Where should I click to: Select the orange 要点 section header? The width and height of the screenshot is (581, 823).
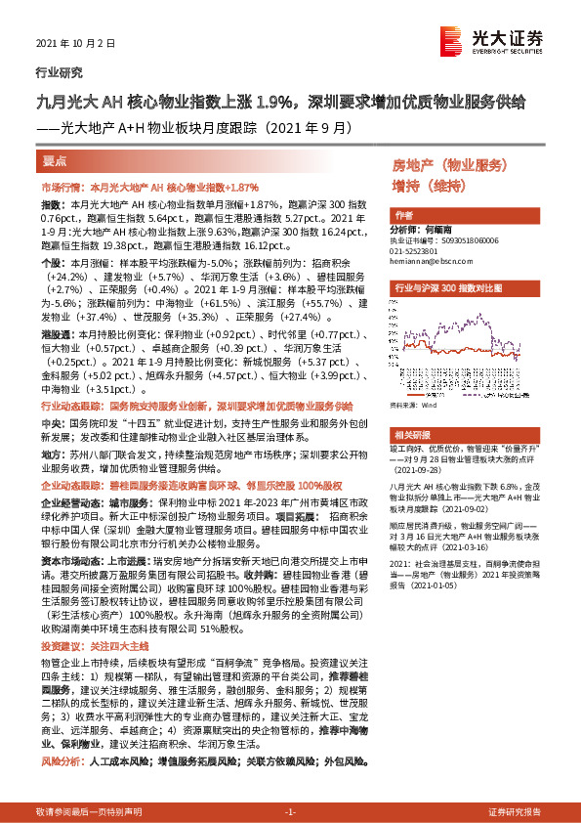[54, 161]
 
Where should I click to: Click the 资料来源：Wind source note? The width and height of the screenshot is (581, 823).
[412, 403]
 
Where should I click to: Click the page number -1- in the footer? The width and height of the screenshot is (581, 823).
[290, 811]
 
